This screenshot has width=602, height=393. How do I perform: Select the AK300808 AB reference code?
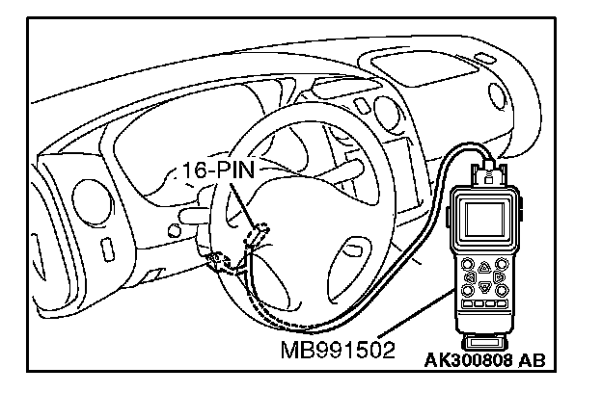pos(484,361)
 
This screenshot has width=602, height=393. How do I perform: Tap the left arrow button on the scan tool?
pos(469,277)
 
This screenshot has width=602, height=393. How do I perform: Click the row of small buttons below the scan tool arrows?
pos(483,307)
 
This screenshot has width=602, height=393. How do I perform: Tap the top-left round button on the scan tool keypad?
pos(468,263)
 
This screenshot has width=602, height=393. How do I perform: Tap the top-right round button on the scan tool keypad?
pos(500,263)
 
